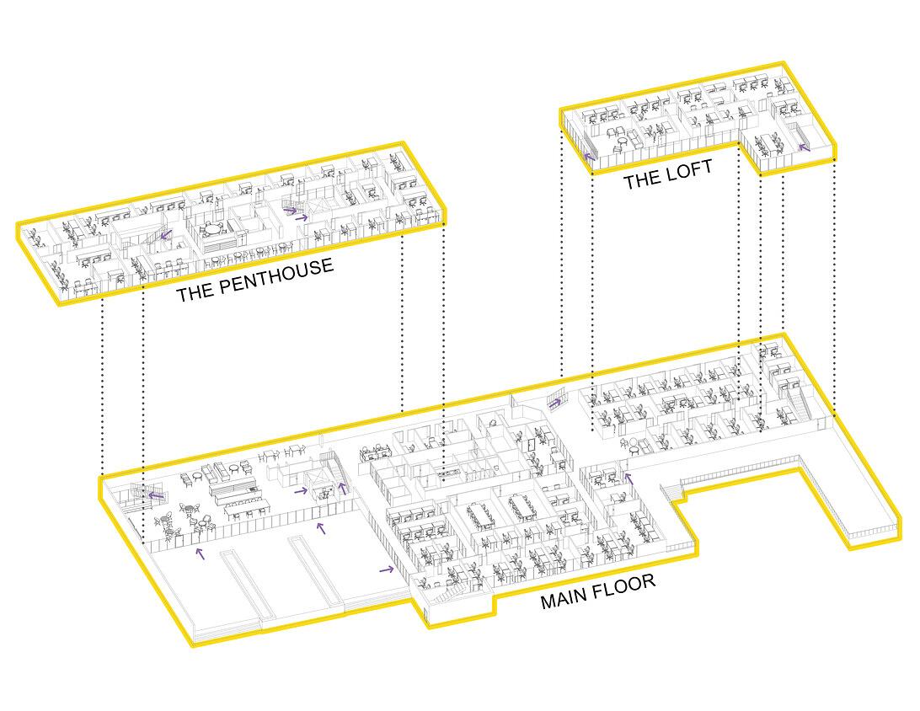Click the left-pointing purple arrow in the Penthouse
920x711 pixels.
166,235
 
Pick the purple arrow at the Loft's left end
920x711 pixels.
590,156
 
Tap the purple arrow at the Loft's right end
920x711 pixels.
804,146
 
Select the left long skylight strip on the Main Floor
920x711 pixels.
247,585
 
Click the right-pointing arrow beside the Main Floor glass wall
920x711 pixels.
387,569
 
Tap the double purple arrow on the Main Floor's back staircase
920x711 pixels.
554,403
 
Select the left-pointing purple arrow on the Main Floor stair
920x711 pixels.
156,495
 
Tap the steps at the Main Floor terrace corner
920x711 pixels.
671,492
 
